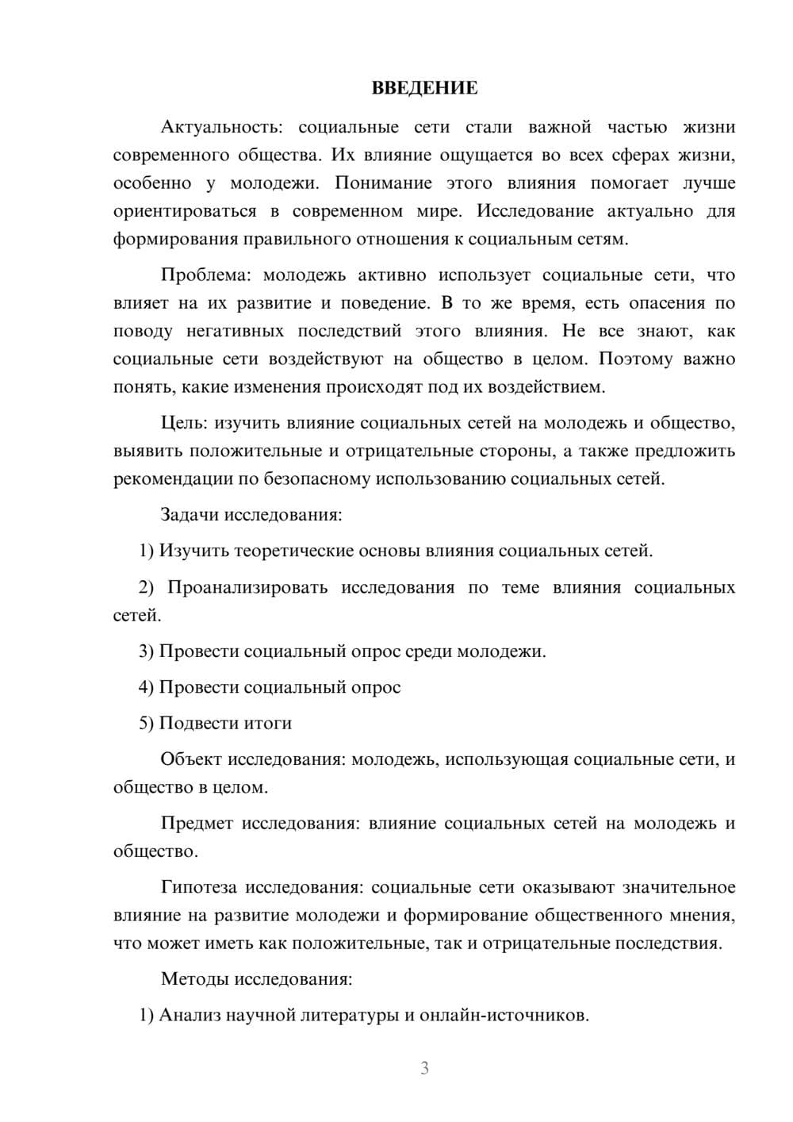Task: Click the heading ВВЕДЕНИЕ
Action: tap(424, 88)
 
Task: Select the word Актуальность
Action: tap(219, 127)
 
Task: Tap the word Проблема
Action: tap(205, 275)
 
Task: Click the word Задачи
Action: tap(190, 514)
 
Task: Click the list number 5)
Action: tap(147, 723)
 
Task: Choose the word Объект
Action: tap(191, 759)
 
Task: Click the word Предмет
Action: tap(197, 823)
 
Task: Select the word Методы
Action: tap(193, 978)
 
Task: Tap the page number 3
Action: tap(424, 1068)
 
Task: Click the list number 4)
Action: tap(147, 687)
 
